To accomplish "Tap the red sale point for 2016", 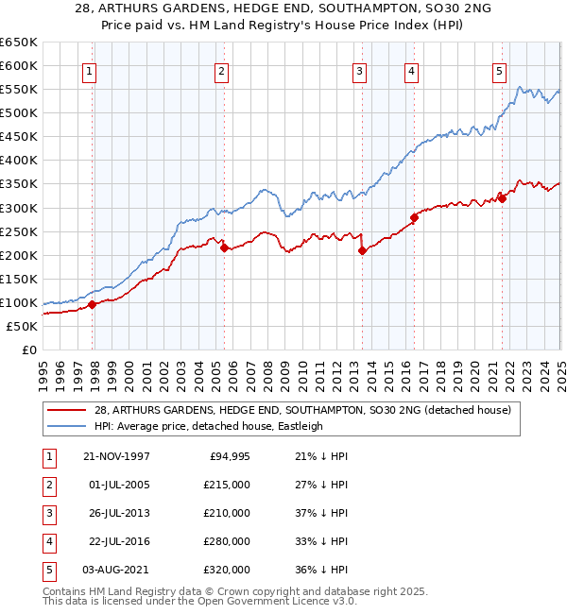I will click(x=414, y=217).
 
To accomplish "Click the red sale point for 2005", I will click(x=224, y=247).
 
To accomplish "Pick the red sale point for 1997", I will click(x=93, y=304).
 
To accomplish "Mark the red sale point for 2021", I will click(x=503, y=197).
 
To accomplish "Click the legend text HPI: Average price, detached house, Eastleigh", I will click(x=209, y=426).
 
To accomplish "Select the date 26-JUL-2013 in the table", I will click(x=116, y=513).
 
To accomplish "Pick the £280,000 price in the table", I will click(x=227, y=541).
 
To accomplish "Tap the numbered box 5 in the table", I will click(x=48, y=570).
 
